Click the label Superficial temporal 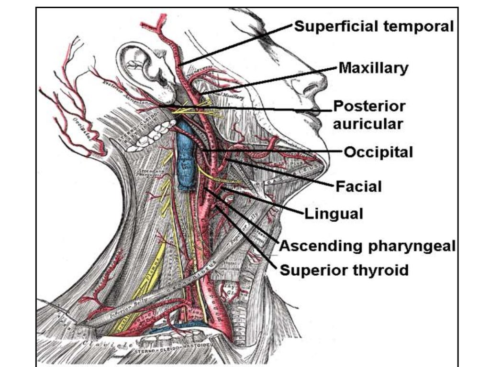point(373,26)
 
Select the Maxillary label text point(373,68)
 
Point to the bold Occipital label point(379,152)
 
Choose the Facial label point(358,186)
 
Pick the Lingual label point(334,214)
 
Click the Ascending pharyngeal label point(367,246)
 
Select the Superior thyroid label point(344,270)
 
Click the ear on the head point(144,67)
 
